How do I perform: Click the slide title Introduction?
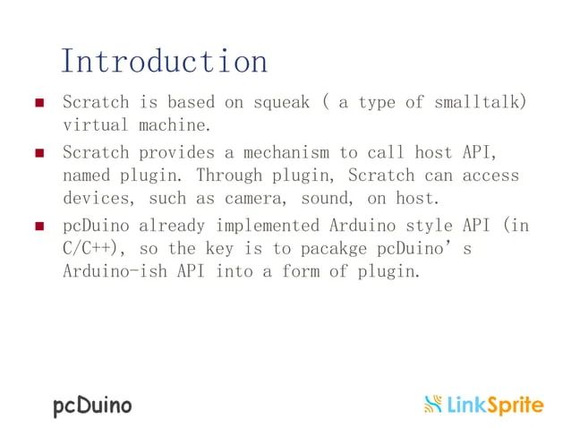[164, 61]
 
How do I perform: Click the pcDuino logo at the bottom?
[92, 406]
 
